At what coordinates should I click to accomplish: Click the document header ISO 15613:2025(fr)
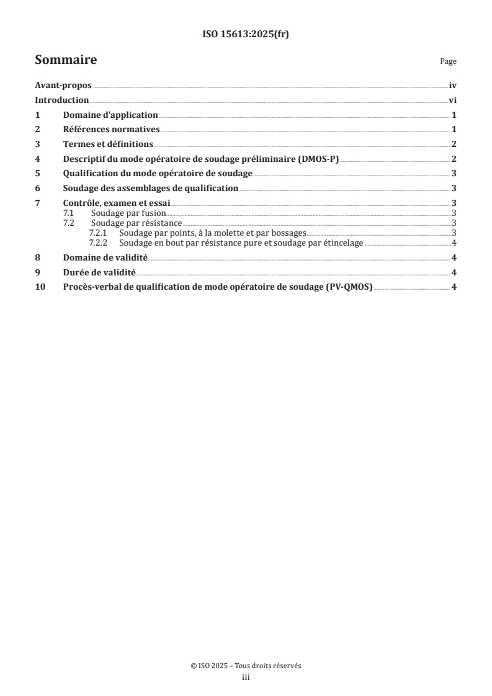point(246,35)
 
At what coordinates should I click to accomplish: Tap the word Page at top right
point(448,61)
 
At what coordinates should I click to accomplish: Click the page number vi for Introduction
point(453,100)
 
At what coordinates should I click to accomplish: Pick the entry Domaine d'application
point(110,115)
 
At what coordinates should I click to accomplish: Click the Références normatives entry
point(111,129)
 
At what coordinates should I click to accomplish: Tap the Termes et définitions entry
point(108,144)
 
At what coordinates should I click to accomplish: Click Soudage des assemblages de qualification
point(151,188)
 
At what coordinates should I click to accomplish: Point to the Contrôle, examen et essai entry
point(117,203)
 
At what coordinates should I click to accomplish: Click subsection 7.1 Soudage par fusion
point(128,213)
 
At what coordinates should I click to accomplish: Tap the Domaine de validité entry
point(105,257)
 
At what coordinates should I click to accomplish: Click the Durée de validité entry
point(99,272)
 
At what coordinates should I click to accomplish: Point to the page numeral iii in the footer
point(246,678)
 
